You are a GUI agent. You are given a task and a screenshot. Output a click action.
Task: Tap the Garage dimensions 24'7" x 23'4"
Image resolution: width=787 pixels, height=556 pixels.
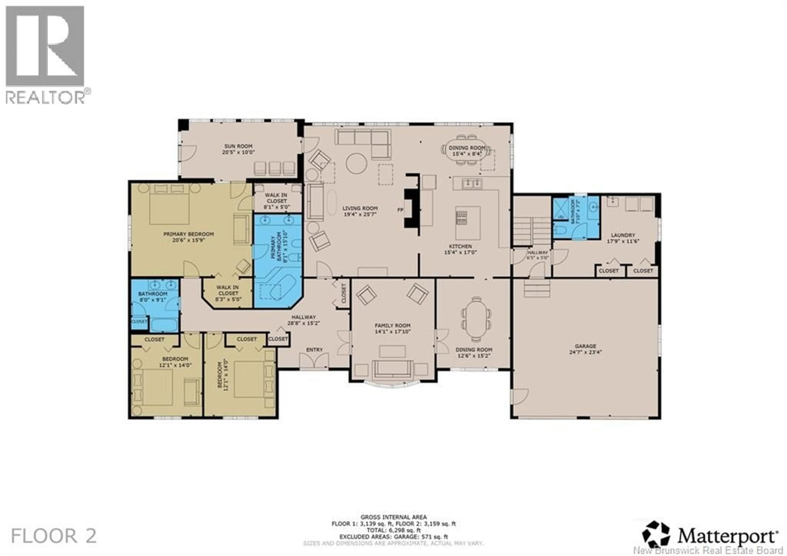(x=586, y=352)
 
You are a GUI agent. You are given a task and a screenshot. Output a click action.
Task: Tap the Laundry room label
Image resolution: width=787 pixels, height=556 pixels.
(x=623, y=235)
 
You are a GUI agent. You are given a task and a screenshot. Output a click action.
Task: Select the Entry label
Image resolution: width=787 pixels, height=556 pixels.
(x=314, y=349)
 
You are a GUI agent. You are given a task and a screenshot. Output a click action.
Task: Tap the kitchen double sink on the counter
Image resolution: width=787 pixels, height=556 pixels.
(x=472, y=184)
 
